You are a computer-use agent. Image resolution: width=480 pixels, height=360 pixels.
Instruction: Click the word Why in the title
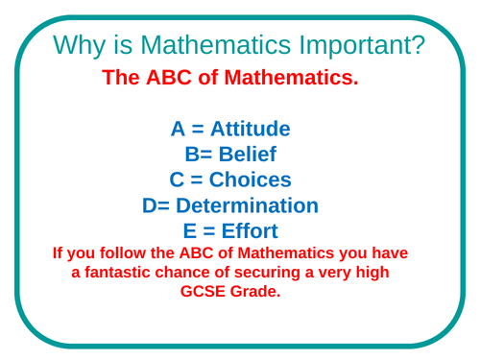[x=79, y=45]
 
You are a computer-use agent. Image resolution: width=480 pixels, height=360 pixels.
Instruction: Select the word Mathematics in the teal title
[x=216, y=44]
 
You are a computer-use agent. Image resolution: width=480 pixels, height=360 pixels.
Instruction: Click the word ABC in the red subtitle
[x=169, y=78]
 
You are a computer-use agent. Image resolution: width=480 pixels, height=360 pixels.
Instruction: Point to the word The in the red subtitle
[x=121, y=78]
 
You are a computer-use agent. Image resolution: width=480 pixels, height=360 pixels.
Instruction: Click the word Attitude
[x=251, y=129]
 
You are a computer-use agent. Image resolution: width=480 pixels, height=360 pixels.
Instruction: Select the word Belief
[x=248, y=154]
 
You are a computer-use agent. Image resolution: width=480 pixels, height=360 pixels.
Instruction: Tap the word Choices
[x=251, y=180]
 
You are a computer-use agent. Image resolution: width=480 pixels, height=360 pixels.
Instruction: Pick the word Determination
[x=247, y=205]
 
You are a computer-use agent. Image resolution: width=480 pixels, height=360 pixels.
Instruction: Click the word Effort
[x=250, y=230]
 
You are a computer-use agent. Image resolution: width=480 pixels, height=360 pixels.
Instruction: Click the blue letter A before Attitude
[x=178, y=129]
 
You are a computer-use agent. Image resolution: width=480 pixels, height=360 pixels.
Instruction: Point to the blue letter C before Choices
[x=177, y=180]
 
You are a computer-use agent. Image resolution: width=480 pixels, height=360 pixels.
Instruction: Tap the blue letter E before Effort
[x=190, y=230]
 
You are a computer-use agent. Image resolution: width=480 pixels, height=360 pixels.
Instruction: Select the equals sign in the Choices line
[x=197, y=180]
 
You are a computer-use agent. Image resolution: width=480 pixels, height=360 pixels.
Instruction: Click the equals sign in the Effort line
[x=208, y=231]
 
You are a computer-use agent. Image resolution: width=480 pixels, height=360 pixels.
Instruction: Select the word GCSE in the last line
[x=203, y=291]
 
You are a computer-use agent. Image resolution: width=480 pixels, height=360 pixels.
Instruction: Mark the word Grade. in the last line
[x=255, y=291]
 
